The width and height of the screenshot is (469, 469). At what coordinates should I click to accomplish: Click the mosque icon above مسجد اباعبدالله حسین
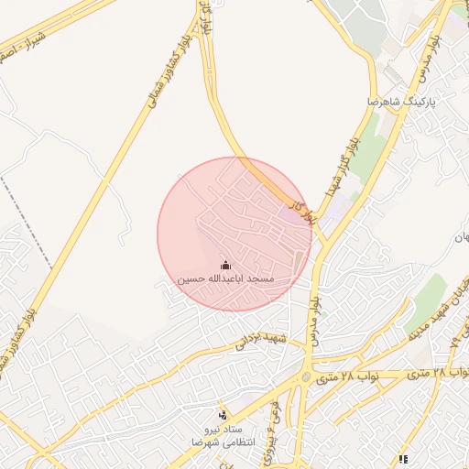pos(226,265)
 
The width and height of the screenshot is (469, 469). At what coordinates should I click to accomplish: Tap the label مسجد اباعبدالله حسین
pos(226,278)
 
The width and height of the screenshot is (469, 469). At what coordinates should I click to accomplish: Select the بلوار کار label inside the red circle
pos(296,212)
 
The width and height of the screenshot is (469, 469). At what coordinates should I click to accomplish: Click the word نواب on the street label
pos(365,376)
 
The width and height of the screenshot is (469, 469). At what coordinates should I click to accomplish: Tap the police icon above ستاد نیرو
pos(221,415)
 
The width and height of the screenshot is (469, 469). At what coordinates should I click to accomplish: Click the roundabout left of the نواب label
pos(306,377)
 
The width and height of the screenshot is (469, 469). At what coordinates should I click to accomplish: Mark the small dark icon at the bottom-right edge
pos(402,459)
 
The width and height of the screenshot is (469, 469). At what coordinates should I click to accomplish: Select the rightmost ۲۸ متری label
pos(448,373)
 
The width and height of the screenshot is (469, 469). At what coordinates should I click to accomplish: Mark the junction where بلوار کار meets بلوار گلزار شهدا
pos(322,240)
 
